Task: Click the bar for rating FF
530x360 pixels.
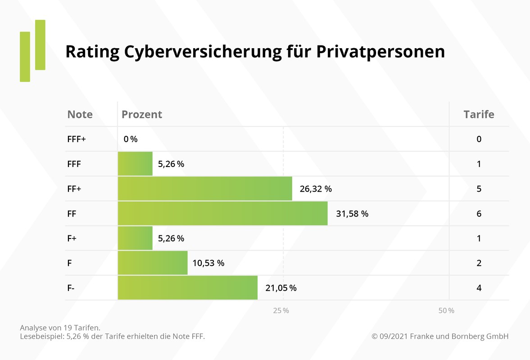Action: pos(223,213)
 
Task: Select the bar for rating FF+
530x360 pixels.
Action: pos(205,189)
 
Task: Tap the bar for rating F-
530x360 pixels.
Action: pos(188,288)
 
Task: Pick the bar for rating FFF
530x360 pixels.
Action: pos(135,164)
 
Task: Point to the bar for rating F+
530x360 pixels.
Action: pos(135,238)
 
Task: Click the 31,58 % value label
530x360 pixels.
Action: pos(352,214)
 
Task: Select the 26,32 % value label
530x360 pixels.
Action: pos(316,189)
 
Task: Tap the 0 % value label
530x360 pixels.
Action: pos(131,139)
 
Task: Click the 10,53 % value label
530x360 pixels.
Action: pos(208,263)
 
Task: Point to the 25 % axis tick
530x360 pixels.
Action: pos(281,310)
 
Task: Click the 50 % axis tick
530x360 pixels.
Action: pos(446,310)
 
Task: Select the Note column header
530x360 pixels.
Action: pos(80,114)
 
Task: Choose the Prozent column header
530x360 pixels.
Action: pos(142,114)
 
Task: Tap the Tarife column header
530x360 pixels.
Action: pos(479,114)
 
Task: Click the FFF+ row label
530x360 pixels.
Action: pos(77,139)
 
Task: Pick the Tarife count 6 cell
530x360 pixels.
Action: pos(479,214)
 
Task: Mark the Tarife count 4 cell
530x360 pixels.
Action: pos(479,288)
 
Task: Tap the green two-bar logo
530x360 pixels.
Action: pos(32,50)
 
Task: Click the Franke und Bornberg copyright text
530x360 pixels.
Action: pos(440,336)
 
